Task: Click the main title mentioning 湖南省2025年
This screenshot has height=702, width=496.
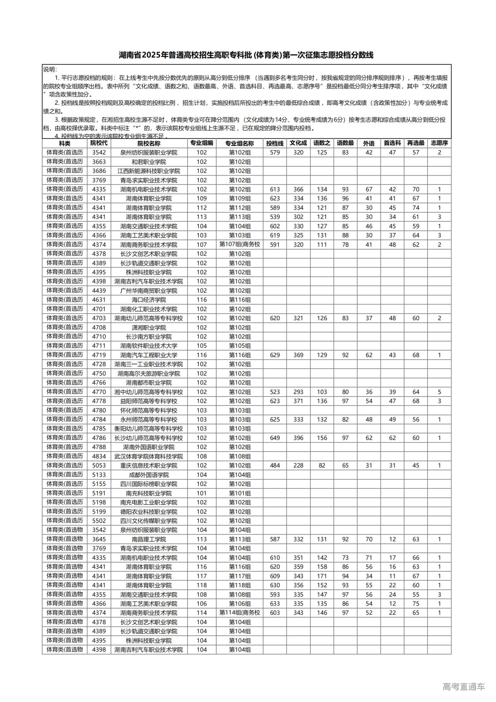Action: click(246, 55)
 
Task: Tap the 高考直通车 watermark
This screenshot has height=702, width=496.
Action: click(463, 686)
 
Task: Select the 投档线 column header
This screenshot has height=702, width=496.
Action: click(275, 143)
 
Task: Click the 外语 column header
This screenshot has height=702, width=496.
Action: click(369, 143)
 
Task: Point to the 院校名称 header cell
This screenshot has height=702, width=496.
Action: click(149, 143)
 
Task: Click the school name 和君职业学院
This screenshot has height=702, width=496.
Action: click(149, 162)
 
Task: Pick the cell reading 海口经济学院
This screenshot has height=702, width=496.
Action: click(149, 300)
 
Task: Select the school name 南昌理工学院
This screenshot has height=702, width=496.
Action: click(149, 539)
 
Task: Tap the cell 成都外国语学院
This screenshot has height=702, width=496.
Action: click(149, 475)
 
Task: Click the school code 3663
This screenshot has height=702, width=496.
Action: click(99, 162)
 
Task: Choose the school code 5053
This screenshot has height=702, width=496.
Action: click(99, 466)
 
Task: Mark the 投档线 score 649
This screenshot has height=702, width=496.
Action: click(275, 438)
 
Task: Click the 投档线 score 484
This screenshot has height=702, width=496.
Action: click(275, 466)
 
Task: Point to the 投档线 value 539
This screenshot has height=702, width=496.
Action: click(275, 217)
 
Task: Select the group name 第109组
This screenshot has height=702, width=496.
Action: click(239, 198)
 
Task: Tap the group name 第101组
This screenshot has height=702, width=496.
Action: click(239, 493)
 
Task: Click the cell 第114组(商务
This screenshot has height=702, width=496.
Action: click(239, 613)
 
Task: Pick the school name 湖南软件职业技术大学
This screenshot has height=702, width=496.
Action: click(149, 346)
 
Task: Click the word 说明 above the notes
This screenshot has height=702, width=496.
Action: click(50, 69)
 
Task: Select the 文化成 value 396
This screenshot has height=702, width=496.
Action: click(298, 438)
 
